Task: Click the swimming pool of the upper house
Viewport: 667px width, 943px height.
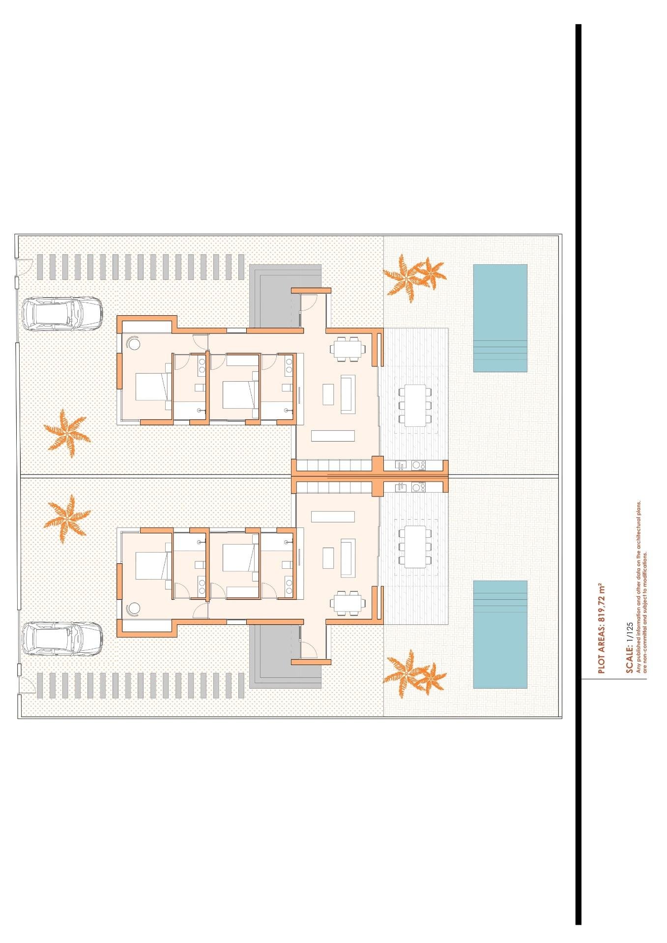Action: click(500, 318)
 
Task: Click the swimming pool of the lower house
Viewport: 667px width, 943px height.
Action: click(500, 634)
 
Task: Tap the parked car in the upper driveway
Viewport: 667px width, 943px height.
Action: click(62, 313)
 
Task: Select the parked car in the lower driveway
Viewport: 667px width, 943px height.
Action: click(62, 638)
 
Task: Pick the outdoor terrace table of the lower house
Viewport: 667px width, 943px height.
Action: click(415, 546)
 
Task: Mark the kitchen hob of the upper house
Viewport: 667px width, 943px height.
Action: click(418, 465)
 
